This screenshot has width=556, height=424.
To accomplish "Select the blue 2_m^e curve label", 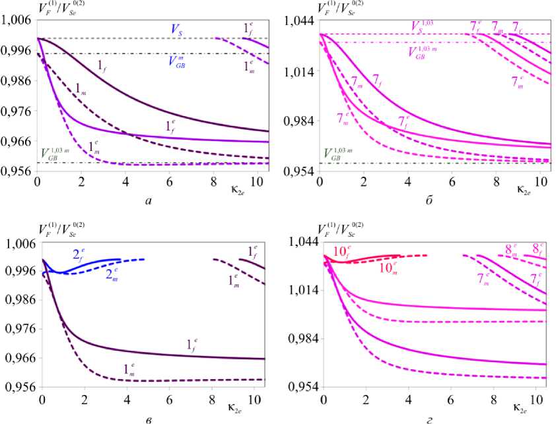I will coord(114,272).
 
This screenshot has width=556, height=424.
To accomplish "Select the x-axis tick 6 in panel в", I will coord(170,400).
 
